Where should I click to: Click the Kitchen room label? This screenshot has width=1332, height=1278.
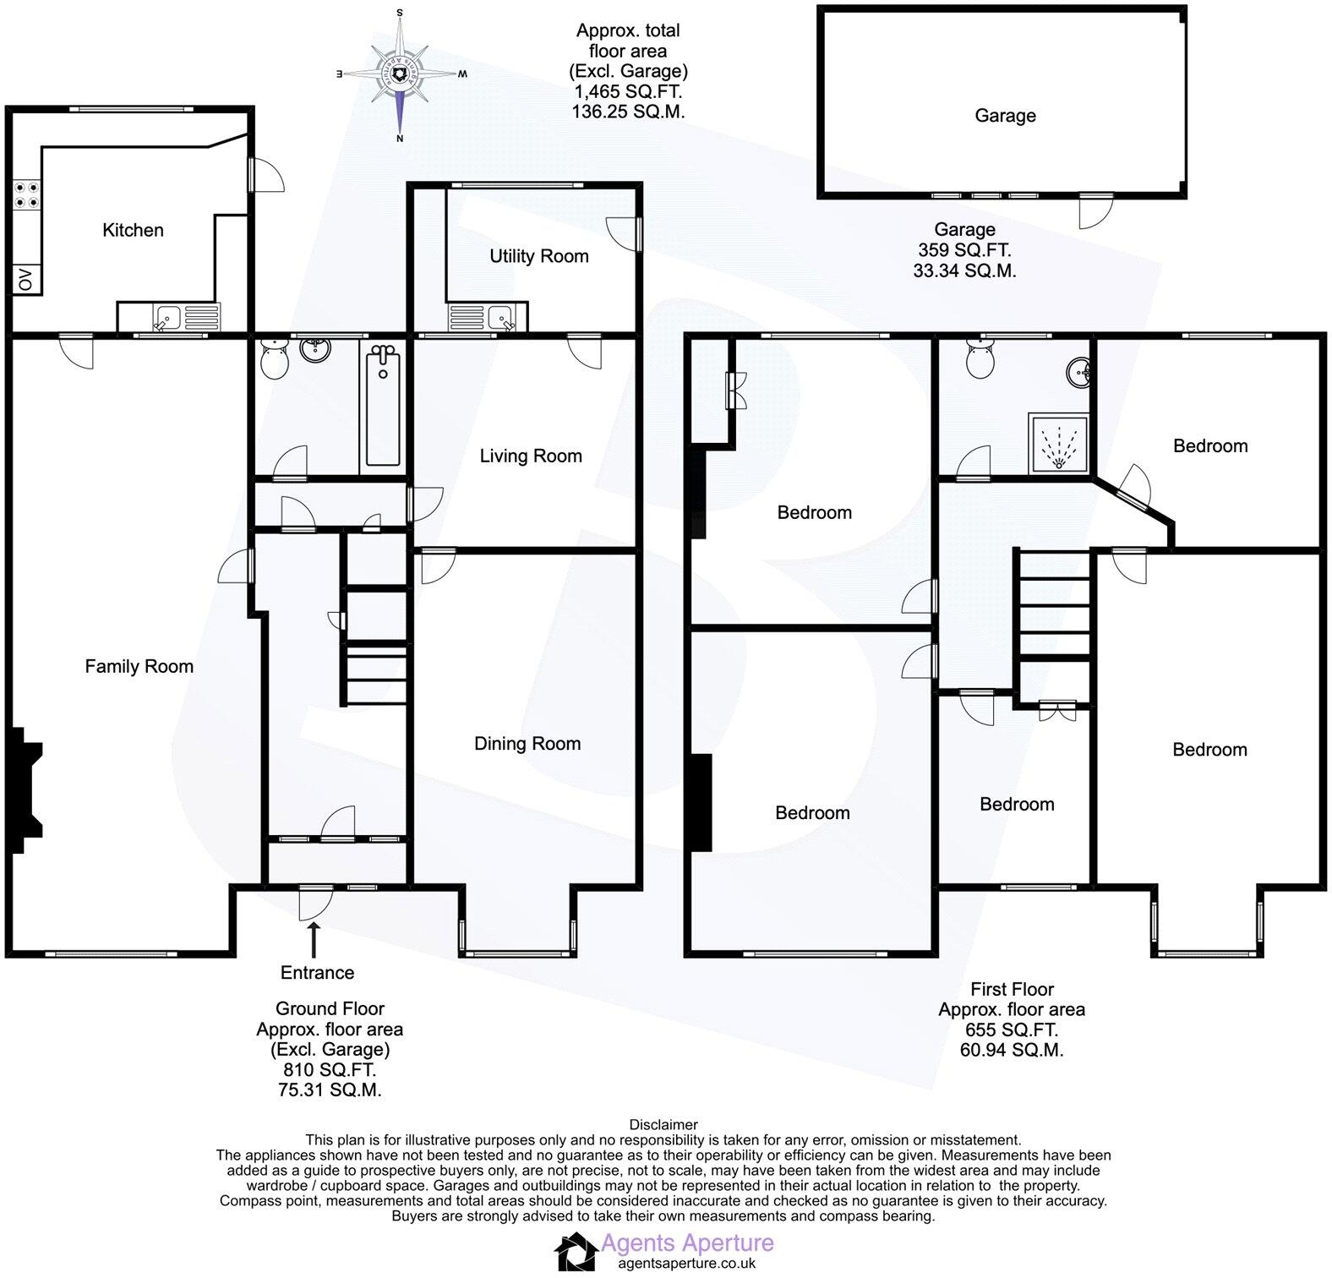133,230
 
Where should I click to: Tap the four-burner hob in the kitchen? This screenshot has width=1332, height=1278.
25,195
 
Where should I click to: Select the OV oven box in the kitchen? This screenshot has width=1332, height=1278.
25,280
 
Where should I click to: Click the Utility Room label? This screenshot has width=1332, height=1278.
539,256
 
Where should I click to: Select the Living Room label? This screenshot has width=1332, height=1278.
531,456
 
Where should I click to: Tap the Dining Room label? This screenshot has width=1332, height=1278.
527,744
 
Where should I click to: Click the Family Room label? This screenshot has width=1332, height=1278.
139,666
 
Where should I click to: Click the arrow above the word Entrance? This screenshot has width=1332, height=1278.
314,939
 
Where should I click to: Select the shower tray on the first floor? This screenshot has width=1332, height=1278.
1058,442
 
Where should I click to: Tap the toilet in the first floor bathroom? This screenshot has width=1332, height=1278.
980,362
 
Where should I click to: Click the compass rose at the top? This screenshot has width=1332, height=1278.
401,75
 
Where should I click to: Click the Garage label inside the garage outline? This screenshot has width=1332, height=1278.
1005,116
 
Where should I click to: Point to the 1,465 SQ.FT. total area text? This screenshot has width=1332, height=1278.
627,91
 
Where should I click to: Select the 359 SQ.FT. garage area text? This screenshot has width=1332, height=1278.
964,250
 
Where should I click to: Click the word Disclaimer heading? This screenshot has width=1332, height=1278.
663,1124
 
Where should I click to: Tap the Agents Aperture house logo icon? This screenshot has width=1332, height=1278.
575,1251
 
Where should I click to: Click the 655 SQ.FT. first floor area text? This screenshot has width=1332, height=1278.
1012,1029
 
